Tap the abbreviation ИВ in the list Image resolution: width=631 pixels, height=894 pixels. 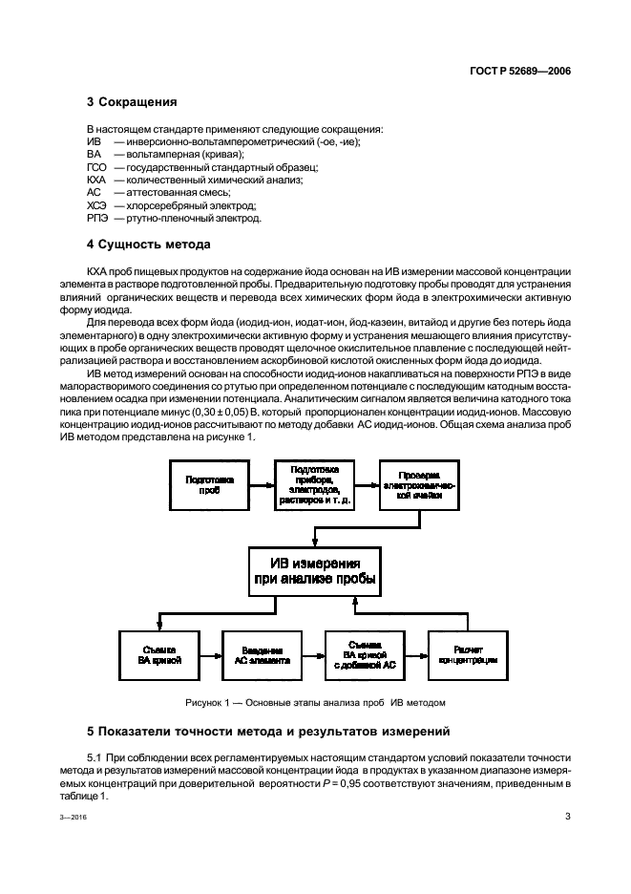tap(93, 141)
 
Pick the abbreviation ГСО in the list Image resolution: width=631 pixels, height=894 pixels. tap(95, 167)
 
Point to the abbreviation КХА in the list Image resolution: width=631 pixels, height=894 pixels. tap(95, 180)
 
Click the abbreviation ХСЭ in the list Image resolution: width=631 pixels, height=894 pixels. tap(95, 205)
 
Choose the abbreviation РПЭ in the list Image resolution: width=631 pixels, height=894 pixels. tap(95, 219)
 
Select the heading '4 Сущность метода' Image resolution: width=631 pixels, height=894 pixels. tap(148, 245)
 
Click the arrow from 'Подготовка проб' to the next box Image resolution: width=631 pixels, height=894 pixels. tap(262, 483)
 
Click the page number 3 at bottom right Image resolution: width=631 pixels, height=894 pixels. tap(567, 817)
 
